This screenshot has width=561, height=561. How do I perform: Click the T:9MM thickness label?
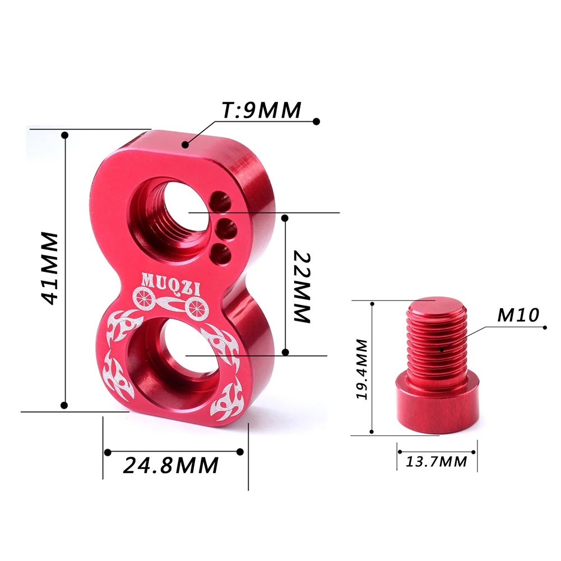pos(262,110)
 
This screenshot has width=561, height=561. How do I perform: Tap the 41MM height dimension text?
pos(49,268)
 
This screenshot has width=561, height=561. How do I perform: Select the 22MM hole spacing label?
pos(302,287)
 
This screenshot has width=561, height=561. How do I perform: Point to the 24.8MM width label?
pos(171,465)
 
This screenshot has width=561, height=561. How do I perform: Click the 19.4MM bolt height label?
pos(361,369)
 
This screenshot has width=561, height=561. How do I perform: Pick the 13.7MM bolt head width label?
pos(437,462)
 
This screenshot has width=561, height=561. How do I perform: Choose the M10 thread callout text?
pos(518,315)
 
